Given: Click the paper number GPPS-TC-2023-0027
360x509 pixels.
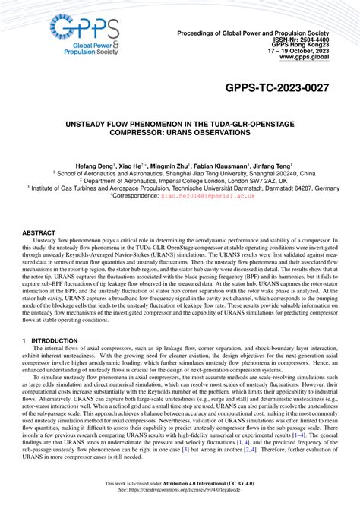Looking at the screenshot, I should coord(276,89).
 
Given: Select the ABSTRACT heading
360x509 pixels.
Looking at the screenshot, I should coord(39,232).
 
